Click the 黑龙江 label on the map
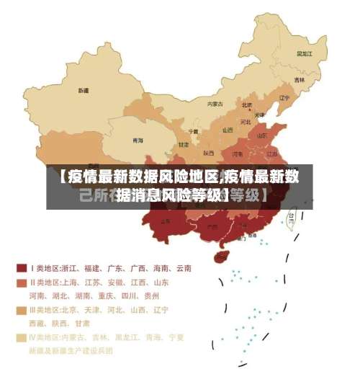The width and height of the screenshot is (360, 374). click(305, 53)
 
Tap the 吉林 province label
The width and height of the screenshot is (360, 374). click(298, 80)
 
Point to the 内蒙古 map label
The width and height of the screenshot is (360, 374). click(215, 104)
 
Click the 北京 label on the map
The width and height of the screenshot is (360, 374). click(247, 104)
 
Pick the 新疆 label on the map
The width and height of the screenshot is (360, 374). click(84, 91)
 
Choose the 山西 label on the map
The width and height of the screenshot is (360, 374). click(228, 130)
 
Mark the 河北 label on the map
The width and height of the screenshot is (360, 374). click(246, 120)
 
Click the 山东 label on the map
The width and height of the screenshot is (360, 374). click(264, 135)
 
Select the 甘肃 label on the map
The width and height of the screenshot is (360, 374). click(183, 145)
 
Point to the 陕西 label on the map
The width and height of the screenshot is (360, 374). click(209, 153)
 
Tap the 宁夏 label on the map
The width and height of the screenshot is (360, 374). click(193, 131)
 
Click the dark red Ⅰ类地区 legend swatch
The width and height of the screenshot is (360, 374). click(22, 268)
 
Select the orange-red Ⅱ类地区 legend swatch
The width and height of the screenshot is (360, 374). click(22, 282)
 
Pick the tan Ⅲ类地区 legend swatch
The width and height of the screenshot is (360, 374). click(22, 310)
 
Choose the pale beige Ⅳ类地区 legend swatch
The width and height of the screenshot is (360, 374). click(22, 337)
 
